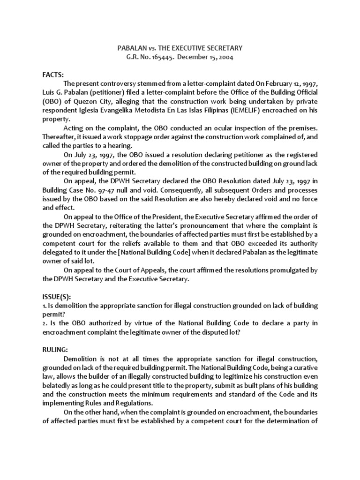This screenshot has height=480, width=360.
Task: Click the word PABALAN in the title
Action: tap(128, 48)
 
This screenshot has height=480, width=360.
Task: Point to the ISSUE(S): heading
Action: tap(57, 296)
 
